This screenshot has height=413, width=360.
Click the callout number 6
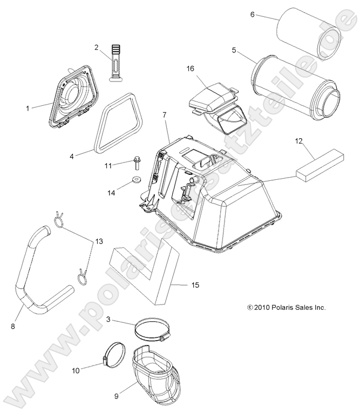pos(252,15)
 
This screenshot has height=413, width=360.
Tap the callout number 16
pos(190,69)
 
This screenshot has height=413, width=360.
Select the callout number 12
pos(298,141)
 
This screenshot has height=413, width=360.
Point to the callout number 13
pos(99,241)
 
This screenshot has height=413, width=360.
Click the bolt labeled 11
pos(137,163)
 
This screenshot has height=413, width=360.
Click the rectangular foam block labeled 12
pos(320,165)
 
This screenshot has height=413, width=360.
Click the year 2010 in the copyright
pos(262,307)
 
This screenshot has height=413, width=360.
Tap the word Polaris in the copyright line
pos(281,307)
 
